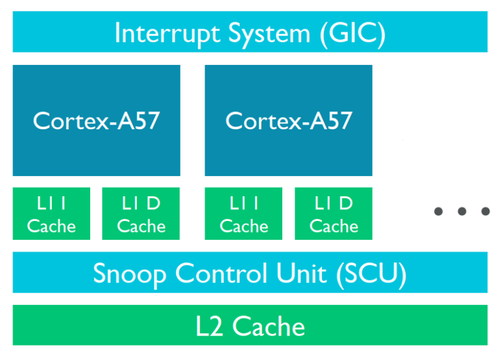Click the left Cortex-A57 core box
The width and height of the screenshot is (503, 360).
click(96, 120)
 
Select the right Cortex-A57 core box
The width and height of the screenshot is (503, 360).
click(289, 120)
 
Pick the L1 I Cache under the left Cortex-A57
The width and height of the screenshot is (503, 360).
click(52, 214)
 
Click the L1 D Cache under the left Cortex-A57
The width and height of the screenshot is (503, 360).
click(141, 214)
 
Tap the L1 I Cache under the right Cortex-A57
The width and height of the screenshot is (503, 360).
click(244, 214)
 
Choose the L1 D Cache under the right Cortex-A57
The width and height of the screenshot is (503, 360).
click(333, 214)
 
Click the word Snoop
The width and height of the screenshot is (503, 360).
click(131, 273)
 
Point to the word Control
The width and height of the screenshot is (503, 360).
click(220, 273)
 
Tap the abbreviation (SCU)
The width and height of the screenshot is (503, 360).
click(370, 273)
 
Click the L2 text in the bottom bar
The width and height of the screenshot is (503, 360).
click(210, 326)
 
